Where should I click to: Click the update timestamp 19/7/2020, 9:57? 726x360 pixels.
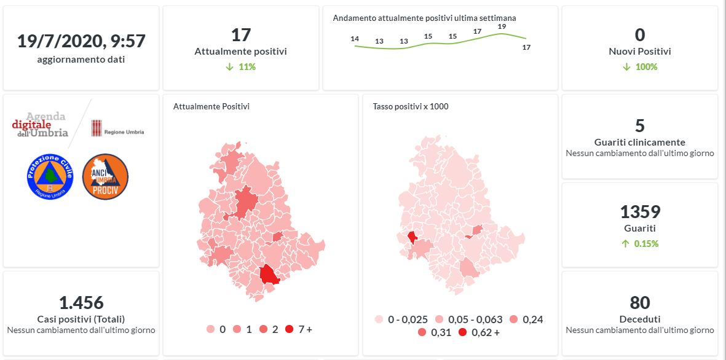(x=81, y=42)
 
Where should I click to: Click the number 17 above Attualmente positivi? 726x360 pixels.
(x=240, y=35)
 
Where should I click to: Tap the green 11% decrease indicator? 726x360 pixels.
(x=240, y=66)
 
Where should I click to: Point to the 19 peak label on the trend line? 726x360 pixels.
(x=502, y=26)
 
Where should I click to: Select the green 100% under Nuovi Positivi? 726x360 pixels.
(x=639, y=66)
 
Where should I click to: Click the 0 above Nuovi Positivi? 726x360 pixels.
(x=639, y=35)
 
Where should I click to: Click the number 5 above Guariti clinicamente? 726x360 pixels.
(x=639, y=126)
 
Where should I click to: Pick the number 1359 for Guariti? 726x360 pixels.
(x=639, y=213)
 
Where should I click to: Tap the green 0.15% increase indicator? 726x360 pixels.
(x=639, y=243)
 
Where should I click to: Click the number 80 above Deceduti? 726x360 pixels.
(x=639, y=303)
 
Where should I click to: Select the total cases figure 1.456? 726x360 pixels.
(x=81, y=303)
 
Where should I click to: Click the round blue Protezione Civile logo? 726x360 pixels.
(x=50, y=176)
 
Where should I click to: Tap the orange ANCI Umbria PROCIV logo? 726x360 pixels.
(x=105, y=176)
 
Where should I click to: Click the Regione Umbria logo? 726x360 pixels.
(x=117, y=128)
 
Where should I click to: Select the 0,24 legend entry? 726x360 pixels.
(x=526, y=319)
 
